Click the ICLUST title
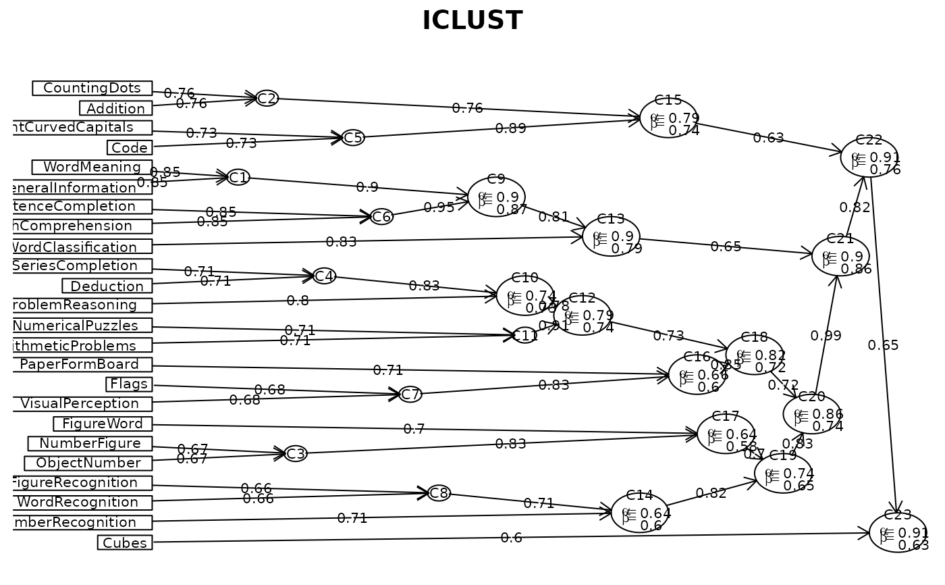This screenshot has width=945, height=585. (x=472, y=21)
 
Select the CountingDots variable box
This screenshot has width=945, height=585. (x=92, y=88)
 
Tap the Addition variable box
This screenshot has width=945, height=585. (x=115, y=108)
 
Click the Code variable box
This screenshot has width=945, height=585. (x=129, y=147)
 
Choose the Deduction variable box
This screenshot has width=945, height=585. (x=107, y=286)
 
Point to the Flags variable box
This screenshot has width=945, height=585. (x=129, y=384)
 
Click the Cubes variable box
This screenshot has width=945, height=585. (x=125, y=542)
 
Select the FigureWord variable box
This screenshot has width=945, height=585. (x=103, y=424)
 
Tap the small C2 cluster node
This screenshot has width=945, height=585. (x=267, y=99)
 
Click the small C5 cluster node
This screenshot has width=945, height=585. (x=353, y=138)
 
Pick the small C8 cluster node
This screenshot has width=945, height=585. (x=439, y=493)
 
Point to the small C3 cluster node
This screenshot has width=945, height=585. (x=296, y=454)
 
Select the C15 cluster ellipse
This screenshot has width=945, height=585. (x=668, y=118)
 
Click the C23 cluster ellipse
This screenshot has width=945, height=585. (x=898, y=532)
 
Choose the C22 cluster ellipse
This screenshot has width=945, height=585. (x=869, y=157)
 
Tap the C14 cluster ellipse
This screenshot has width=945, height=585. (x=639, y=513)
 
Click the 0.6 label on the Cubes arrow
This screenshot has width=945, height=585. (x=511, y=538)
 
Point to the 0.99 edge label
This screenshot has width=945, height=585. (x=826, y=336)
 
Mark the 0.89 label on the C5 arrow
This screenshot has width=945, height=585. (x=510, y=128)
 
